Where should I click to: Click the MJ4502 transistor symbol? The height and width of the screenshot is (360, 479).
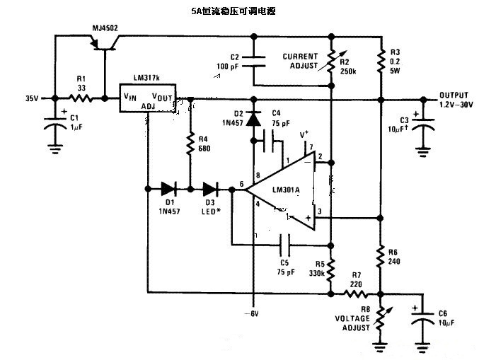point(105,44)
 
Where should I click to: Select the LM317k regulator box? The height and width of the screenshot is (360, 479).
point(147,100)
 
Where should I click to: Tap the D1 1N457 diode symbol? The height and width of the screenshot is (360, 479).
point(168,189)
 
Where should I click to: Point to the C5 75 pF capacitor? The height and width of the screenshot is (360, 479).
point(285,245)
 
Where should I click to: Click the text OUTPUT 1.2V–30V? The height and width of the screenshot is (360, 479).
point(457,100)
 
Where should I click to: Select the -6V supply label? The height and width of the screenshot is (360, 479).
point(253,313)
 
